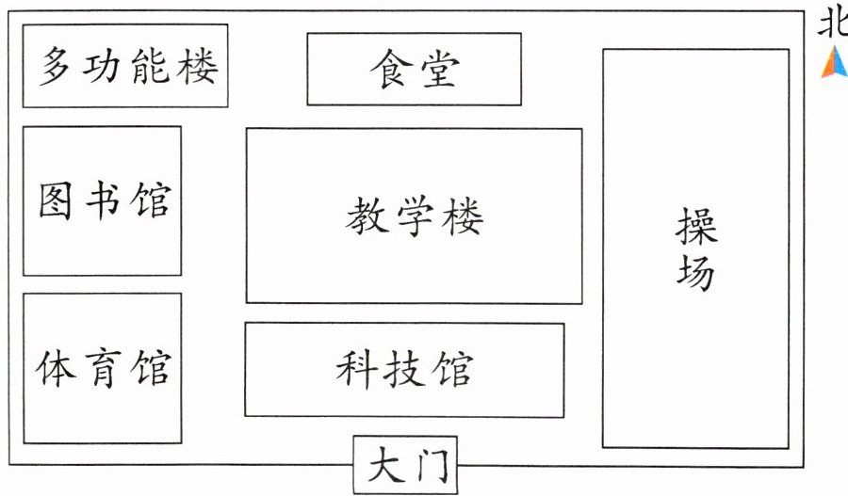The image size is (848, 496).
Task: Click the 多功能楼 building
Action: pyautogui.click(x=124, y=66)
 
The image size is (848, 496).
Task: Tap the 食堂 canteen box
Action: pyautogui.click(x=414, y=69)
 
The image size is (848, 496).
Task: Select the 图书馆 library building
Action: pyautogui.click(x=102, y=200)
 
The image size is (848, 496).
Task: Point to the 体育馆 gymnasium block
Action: pyautogui.click(x=102, y=368)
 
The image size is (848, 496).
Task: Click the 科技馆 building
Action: pyautogui.click(x=404, y=370)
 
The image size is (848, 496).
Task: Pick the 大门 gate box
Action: pyautogui.click(x=404, y=464)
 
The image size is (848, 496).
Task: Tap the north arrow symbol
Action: pyautogui.click(x=834, y=62)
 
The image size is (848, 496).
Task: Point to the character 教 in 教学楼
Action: pyautogui.click(x=367, y=217)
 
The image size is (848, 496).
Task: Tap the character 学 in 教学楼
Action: pyautogui.click(x=415, y=217)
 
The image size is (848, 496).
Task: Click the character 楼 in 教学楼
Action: pyautogui.click(x=462, y=217)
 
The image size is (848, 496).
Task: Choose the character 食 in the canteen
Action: pyautogui.click(x=389, y=69)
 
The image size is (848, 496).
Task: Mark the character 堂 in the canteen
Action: pyautogui.click(x=439, y=69)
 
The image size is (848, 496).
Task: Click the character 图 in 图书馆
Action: pyautogui.click(x=58, y=200)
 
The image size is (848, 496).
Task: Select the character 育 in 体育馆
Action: pyautogui.click(x=103, y=368)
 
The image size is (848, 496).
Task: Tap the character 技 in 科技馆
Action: pyautogui.click(x=404, y=370)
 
